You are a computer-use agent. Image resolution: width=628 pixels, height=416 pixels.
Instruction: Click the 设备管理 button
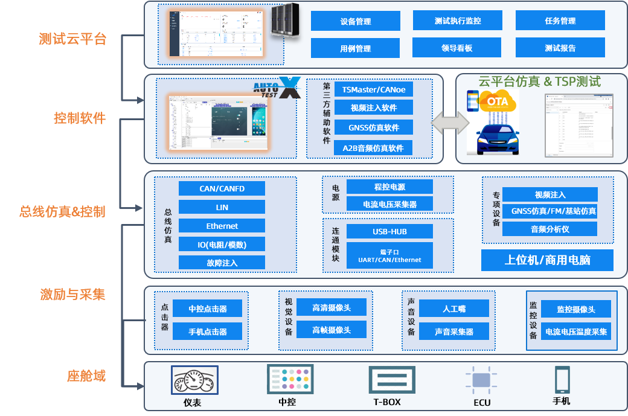pos(355,21)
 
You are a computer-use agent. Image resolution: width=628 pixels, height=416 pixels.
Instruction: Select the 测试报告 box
pos(560,48)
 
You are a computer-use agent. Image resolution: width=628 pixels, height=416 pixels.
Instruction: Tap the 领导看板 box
pos(457,48)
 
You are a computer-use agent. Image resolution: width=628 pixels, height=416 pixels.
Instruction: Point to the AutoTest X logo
pos(277,88)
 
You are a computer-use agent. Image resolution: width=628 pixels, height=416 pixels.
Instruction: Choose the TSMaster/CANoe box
pos(373,89)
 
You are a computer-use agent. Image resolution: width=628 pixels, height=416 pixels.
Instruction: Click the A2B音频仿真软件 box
pos(373,148)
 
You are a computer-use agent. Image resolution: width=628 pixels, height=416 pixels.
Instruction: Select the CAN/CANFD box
pos(222,188)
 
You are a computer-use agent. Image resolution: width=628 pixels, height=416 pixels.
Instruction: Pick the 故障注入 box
pos(222,263)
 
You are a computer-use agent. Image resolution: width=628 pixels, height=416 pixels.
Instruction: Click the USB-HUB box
pos(389,231)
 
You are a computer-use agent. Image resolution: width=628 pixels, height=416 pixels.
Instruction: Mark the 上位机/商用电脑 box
pos(547,260)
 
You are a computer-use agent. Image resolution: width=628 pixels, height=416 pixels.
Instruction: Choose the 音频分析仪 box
pos(549,229)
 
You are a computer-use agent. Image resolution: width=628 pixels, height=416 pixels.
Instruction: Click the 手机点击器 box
pos(207,331)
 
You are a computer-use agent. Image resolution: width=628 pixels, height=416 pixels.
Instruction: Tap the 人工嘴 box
pos(453,309)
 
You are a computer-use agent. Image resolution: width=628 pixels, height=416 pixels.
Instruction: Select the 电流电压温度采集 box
pos(575,331)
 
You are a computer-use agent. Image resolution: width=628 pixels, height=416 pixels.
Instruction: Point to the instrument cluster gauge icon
pos(193,380)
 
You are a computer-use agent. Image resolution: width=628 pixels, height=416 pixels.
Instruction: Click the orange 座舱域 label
pos(86,376)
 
